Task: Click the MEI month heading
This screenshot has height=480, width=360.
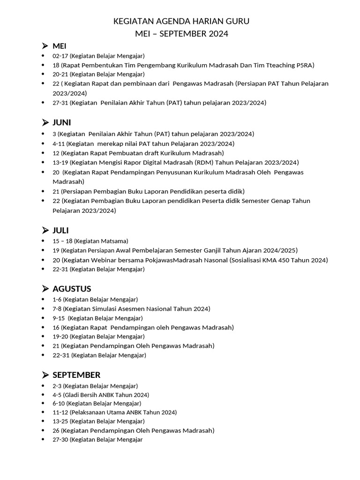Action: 60,46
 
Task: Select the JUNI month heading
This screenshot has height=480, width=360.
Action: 62,122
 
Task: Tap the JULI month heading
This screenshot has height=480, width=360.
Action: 61,230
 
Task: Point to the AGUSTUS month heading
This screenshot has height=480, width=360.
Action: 72,289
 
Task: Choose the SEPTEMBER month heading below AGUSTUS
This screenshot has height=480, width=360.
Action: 76,375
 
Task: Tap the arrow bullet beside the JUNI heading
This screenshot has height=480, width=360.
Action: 45,122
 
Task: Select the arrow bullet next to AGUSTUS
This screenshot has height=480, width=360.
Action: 45,289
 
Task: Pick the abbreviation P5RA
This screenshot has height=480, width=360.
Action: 305,65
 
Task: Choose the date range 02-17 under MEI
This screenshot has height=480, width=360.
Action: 60,56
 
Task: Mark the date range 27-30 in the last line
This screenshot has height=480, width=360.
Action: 60,440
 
